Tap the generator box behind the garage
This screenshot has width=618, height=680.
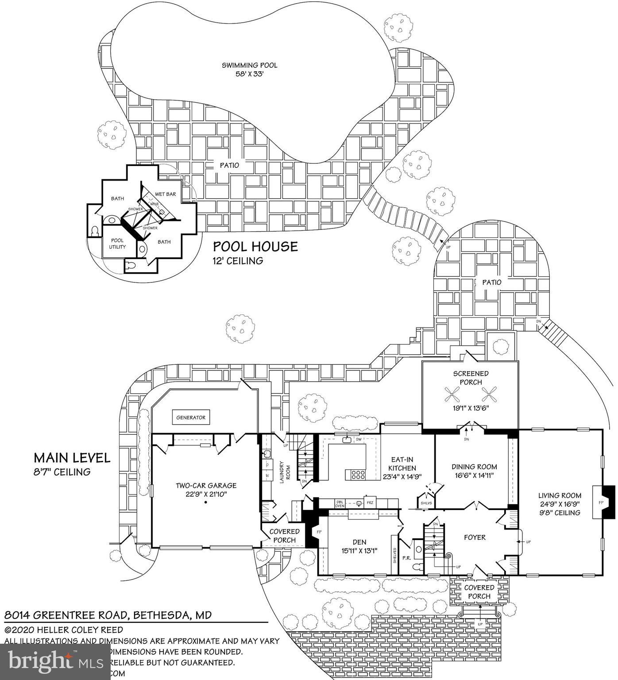(x=191, y=417)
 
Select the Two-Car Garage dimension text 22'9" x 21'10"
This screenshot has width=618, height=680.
(x=206, y=494)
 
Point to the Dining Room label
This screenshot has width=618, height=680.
(x=474, y=467)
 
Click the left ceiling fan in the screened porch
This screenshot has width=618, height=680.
(x=452, y=393)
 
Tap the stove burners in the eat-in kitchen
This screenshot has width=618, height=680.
(x=358, y=475)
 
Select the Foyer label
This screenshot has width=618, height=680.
(x=475, y=537)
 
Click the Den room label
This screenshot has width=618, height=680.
(x=359, y=542)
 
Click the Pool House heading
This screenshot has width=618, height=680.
(x=255, y=247)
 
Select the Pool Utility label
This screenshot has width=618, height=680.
(x=117, y=243)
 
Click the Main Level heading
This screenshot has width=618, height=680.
(x=72, y=458)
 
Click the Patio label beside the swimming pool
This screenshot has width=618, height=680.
(x=229, y=165)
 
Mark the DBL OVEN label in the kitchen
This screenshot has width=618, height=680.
(x=340, y=503)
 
